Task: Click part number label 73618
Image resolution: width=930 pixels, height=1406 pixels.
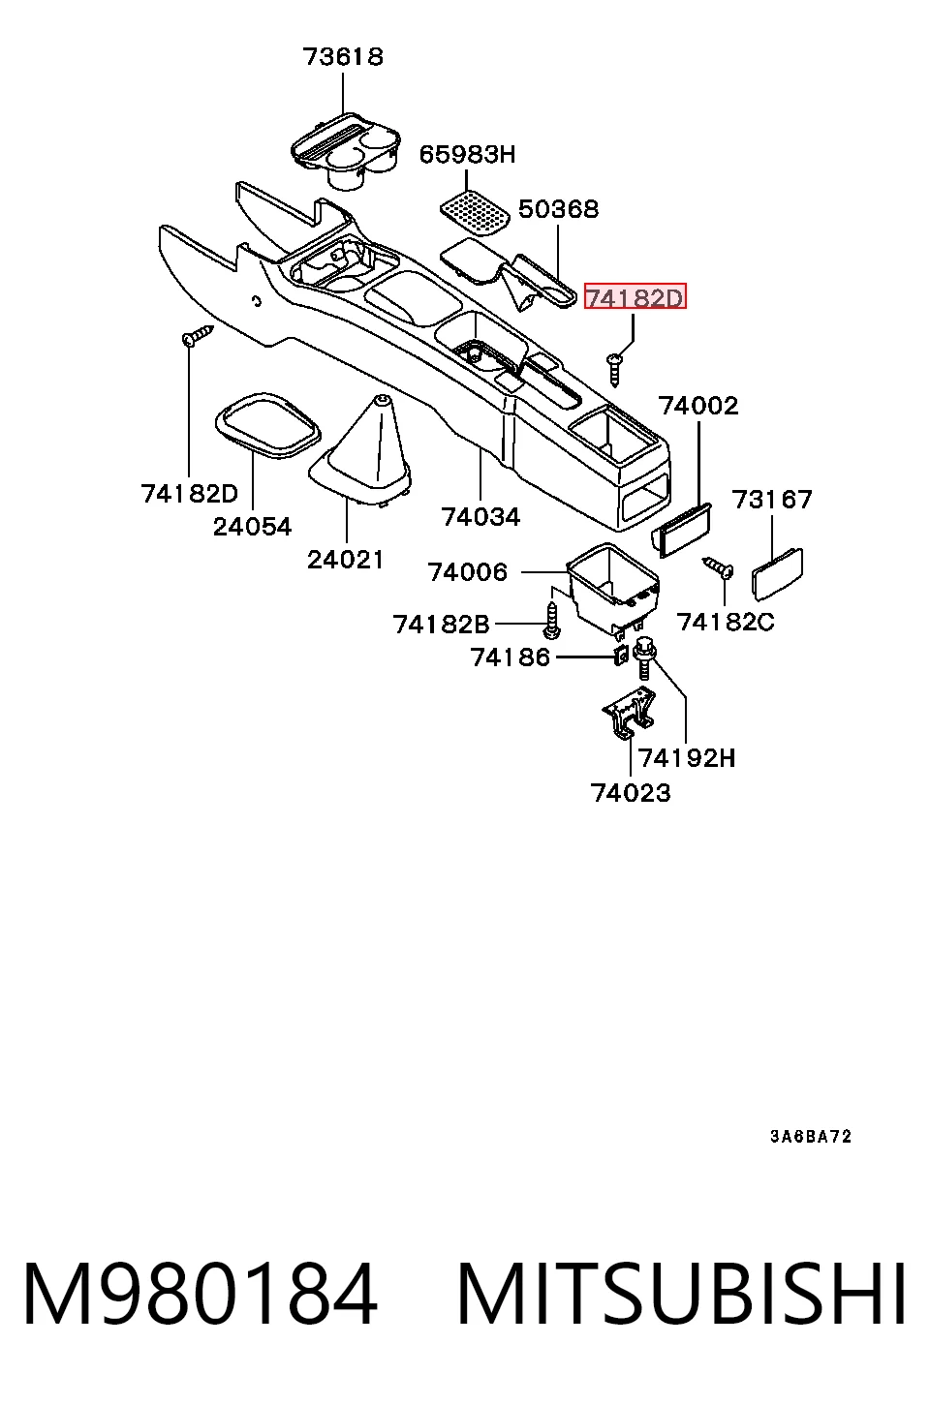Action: (x=343, y=57)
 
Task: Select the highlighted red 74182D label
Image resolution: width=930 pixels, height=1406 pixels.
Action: (x=635, y=296)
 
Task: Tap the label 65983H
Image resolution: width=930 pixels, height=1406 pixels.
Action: (x=467, y=154)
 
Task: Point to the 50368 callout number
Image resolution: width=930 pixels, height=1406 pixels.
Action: (x=558, y=208)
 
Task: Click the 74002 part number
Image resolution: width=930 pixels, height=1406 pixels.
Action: (x=698, y=406)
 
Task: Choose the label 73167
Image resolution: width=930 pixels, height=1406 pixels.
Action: (x=772, y=500)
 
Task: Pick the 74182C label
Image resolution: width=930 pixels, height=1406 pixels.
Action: (x=726, y=622)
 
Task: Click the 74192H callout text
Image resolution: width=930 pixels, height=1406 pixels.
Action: (x=687, y=758)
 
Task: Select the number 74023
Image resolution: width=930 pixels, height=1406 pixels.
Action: (x=631, y=793)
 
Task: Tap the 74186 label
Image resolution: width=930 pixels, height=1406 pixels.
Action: (x=510, y=657)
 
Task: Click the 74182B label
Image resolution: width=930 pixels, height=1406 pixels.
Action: (x=442, y=625)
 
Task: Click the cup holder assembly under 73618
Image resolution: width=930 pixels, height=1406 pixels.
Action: (x=345, y=151)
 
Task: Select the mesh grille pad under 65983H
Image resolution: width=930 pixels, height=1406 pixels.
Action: (x=474, y=215)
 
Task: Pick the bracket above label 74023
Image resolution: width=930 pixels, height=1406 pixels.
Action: (x=629, y=713)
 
